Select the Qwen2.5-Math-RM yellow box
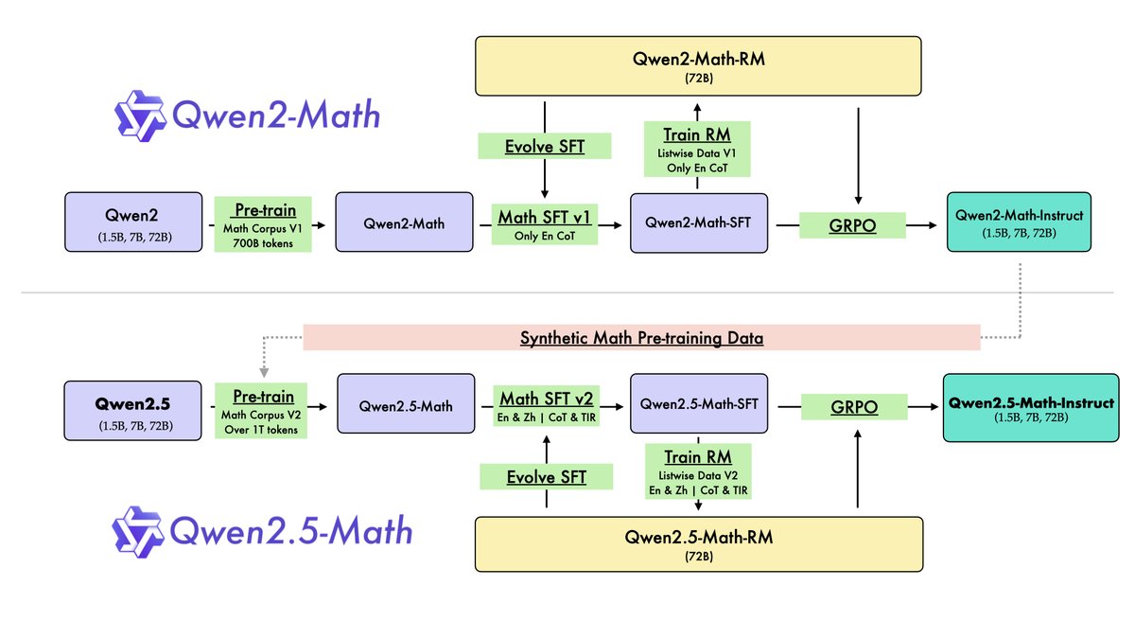(x=697, y=544)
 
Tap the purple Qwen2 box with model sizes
(x=133, y=222)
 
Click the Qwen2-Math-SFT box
(x=699, y=222)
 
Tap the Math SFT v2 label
(x=545, y=407)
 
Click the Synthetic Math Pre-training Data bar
(x=640, y=338)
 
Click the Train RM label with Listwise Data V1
(x=699, y=149)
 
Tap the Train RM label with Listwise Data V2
(x=699, y=471)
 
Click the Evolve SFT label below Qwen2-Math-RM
(x=545, y=146)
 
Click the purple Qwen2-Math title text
(x=275, y=116)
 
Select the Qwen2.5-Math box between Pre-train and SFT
(x=404, y=406)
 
